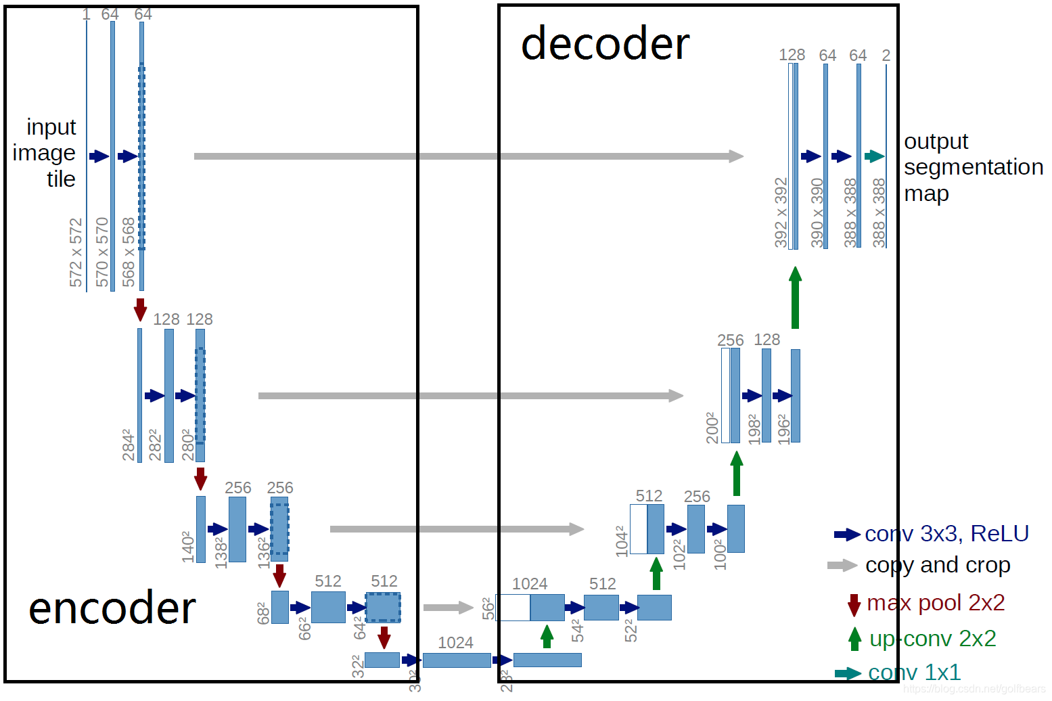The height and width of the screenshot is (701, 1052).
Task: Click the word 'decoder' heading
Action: pos(605,44)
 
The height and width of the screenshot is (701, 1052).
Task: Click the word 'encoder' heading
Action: pos(112,608)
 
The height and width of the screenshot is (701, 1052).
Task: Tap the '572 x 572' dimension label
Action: pos(76,252)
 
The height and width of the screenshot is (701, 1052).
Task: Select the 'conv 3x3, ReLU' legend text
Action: pos(946,534)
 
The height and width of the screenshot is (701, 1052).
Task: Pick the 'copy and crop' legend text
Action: pos(938,565)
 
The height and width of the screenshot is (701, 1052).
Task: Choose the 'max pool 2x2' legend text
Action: pos(936,602)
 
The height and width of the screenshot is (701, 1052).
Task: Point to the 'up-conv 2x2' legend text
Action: pos(932,638)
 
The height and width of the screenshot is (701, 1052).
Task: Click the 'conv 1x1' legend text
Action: pos(914,672)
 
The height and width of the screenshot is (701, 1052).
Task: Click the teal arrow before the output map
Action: pos(874,156)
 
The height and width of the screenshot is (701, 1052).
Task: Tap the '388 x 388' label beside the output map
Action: pos(879,212)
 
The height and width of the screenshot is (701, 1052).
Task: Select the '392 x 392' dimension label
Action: pos(781,212)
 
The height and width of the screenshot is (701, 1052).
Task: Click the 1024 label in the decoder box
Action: pos(530,584)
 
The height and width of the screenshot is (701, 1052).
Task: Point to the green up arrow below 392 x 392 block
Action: pos(795,297)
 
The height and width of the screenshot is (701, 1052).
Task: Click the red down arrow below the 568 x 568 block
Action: pos(140,309)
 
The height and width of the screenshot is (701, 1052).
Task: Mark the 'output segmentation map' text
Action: pos(973,167)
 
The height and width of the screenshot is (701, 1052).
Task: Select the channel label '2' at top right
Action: pos(886,55)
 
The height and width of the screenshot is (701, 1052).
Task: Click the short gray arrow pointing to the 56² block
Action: pos(448,607)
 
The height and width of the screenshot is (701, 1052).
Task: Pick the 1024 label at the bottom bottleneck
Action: pos(455,643)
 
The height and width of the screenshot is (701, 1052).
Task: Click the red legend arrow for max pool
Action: pos(854,604)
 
